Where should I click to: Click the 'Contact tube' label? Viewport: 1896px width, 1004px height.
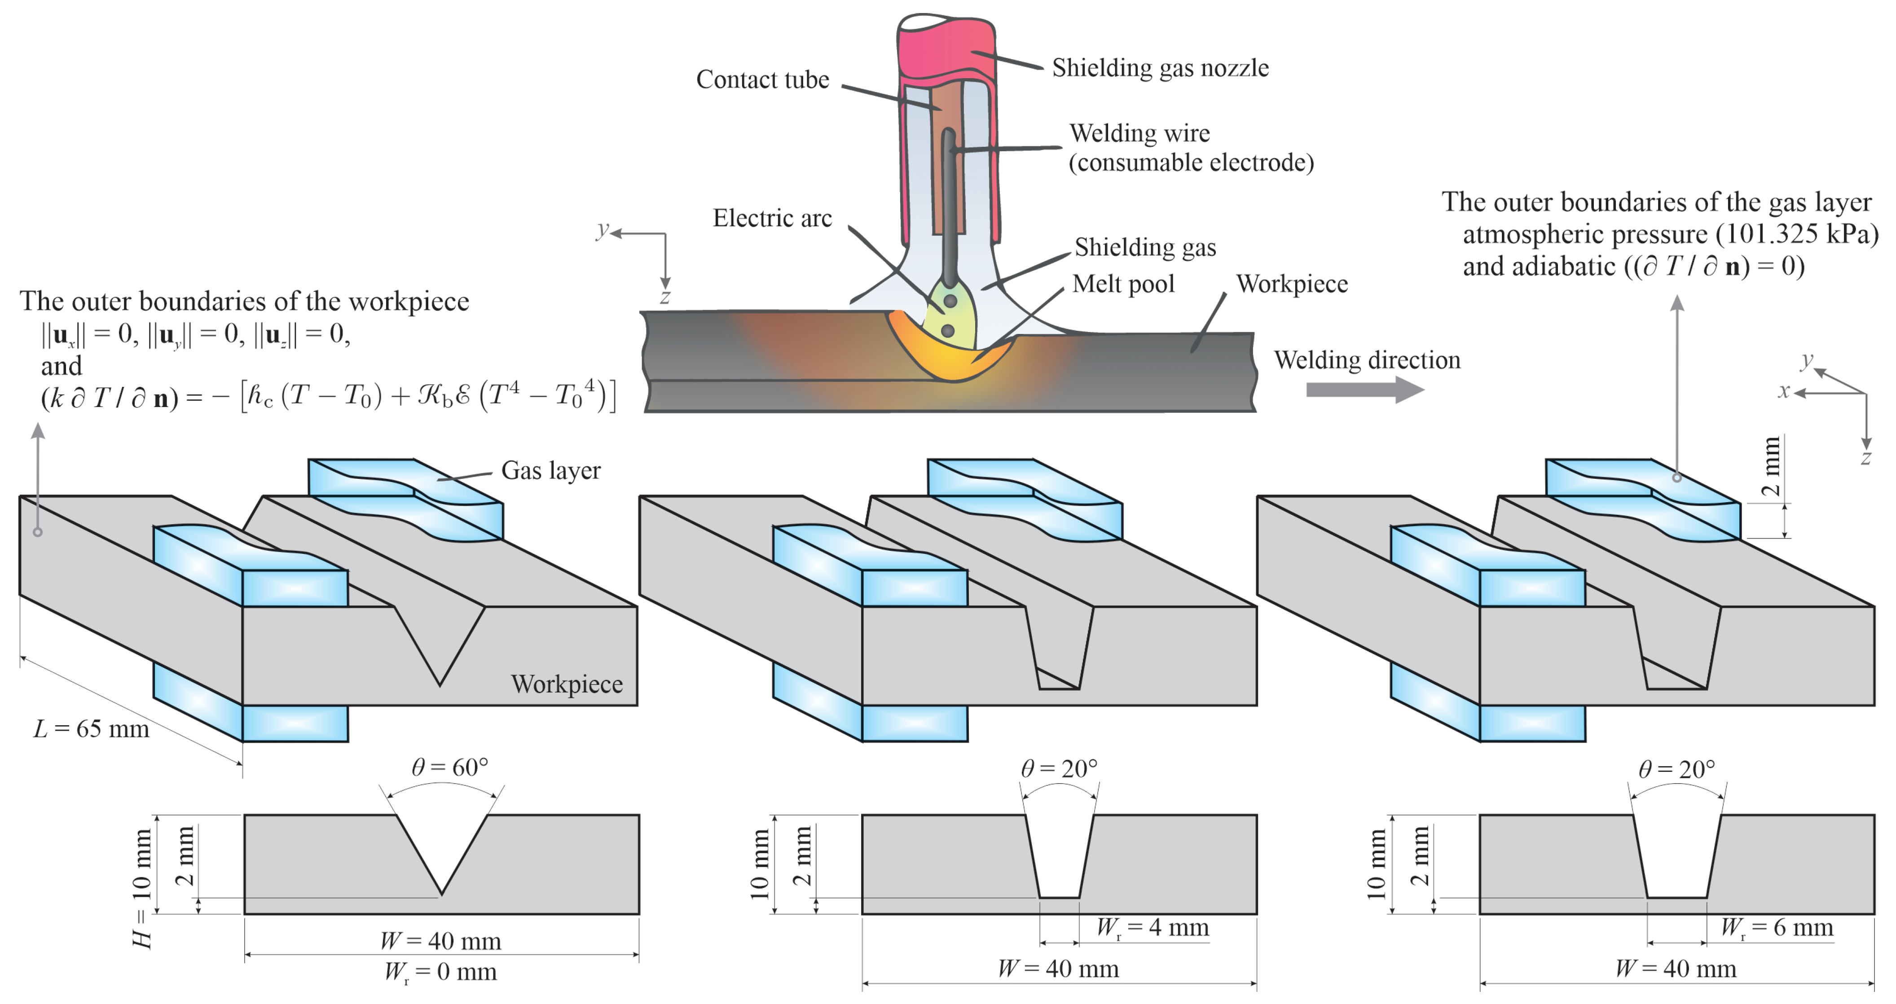tap(762, 79)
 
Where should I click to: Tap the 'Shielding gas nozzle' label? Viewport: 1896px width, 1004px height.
tap(1160, 68)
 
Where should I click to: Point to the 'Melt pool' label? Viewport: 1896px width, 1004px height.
tap(1123, 284)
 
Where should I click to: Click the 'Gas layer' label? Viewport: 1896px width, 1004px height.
tap(550, 471)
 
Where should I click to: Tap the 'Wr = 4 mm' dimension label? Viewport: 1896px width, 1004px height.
tap(1153, 928)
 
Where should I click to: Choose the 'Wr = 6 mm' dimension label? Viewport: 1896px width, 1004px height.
tap(1777, 928)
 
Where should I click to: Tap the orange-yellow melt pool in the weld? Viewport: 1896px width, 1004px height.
tap(950, 360)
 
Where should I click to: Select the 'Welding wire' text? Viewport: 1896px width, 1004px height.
tap(1139, 133)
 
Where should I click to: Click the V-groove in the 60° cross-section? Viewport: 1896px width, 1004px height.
tap(442, 846)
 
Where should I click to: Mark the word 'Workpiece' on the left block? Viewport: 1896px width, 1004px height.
tap(567, 684)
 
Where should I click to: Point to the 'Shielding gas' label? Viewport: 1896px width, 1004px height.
tap(1145, 247)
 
